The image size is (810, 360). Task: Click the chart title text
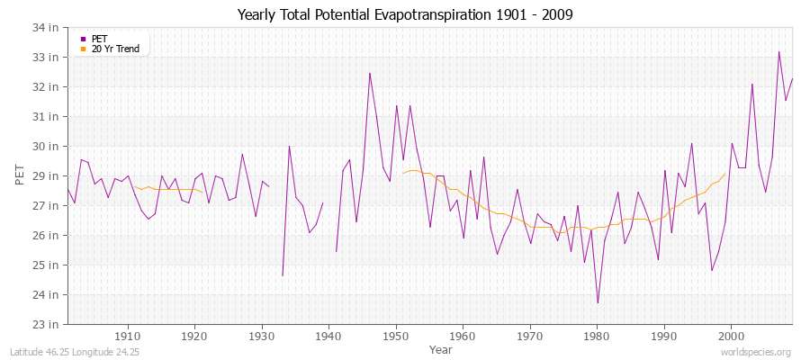(x=404, y=14)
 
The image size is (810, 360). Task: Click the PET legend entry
(x=100, y=39)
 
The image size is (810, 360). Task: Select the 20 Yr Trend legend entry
(x=115, y=49)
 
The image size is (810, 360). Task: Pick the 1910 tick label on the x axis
(x=128, y=336)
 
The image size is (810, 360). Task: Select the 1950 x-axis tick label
(x=396, y=336)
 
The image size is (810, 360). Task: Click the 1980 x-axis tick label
(x=597, y=336)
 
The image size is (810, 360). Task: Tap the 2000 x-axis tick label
(x=731, y=336)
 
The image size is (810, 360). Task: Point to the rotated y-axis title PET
(x=21, y=175)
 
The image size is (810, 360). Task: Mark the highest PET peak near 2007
(x=779, y=51)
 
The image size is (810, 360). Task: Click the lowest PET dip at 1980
(x=597, y=303)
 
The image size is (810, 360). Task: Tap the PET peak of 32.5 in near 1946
(x=369, y=73)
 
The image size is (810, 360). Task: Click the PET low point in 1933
(x=283, y=275)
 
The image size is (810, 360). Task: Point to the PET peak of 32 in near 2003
(x=752, y=84)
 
